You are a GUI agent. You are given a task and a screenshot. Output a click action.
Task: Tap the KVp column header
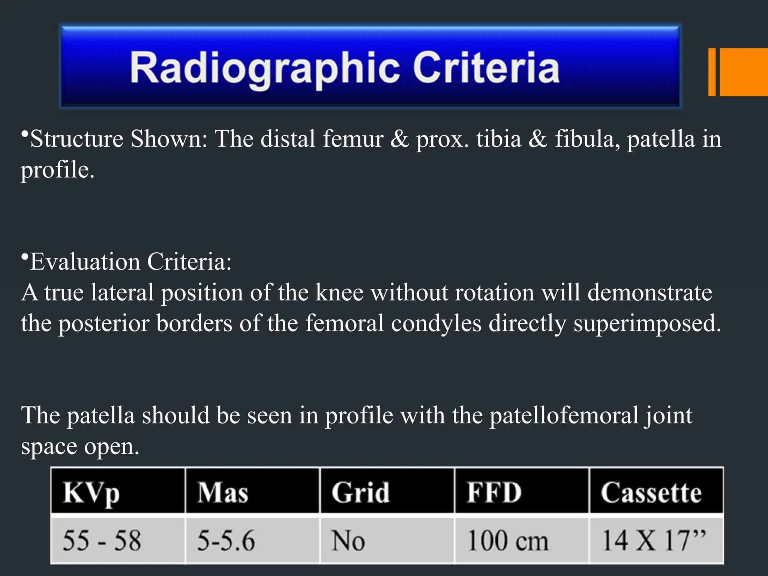[91, 492]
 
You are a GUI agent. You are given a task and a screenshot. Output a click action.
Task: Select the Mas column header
[223, 492]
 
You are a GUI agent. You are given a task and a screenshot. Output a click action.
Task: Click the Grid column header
[360, 492]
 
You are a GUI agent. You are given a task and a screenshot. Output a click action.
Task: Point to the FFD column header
[494, 492]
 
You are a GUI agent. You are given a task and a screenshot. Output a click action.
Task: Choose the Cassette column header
[651, 492]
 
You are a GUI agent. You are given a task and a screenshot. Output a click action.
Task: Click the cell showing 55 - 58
[102, 540]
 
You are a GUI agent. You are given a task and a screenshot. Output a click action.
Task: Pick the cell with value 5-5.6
[226, 540]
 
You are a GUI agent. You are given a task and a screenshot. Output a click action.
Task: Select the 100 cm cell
[508, 540]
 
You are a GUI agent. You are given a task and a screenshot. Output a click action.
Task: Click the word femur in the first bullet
[353, 139]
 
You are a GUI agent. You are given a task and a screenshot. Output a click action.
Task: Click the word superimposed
[647, 323]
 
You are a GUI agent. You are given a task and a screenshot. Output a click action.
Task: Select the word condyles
[436, 323]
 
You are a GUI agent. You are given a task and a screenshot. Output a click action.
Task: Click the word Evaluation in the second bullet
[85, 262]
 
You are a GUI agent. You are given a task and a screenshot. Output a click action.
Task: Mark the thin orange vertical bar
[712, 72]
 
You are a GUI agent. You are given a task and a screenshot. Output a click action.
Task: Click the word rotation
[494, 292]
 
